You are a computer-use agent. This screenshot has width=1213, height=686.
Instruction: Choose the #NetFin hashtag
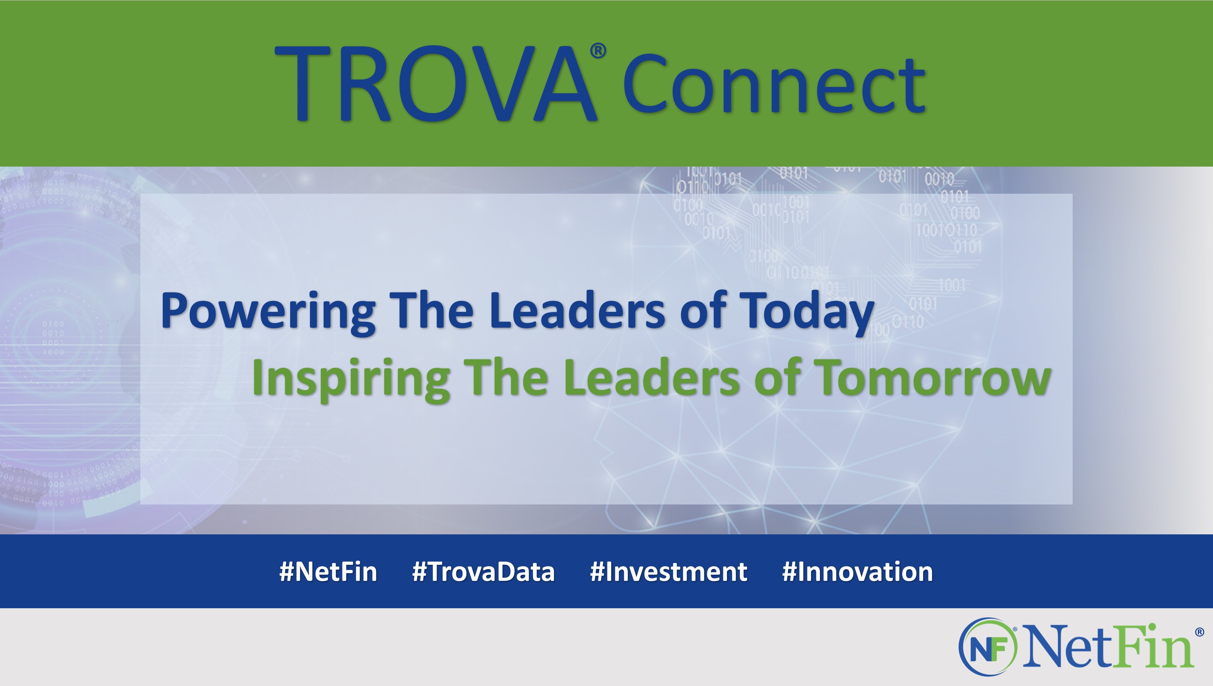click(x=329, y=572)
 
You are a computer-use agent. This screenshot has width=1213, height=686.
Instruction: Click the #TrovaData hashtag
click(x=484, y=572)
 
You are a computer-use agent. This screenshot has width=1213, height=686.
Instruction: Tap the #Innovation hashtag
click(x=858, y=572)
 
